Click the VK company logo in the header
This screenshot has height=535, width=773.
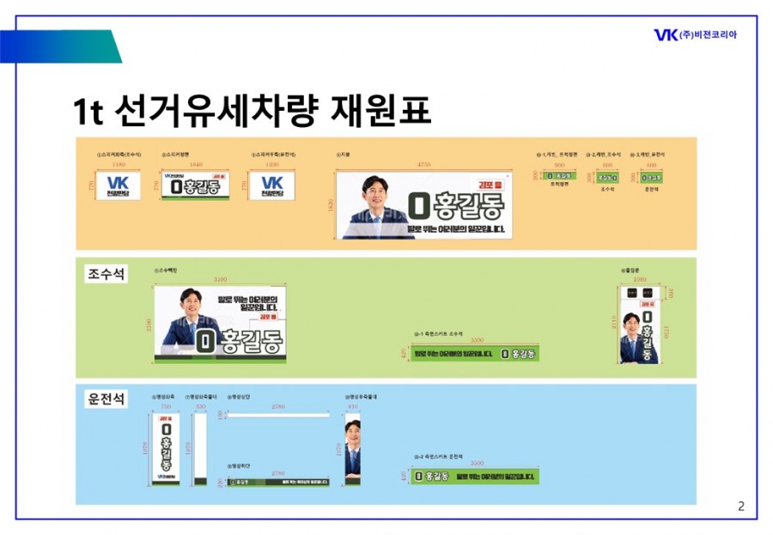[666, 34]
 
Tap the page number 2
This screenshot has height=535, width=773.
[741, 506]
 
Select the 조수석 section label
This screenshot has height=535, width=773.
[106, 274]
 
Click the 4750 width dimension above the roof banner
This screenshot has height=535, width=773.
[423, 163]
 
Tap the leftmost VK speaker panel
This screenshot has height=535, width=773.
[119, 185]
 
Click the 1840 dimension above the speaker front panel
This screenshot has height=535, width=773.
[196, 163]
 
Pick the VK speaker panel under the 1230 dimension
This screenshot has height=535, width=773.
[271, 185]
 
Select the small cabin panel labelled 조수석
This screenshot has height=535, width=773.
[608, 177]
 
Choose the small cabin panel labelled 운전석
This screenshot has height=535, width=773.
[650, 177]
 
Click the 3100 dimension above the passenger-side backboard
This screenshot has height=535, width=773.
[221, 280]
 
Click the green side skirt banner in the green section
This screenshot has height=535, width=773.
[475, 354]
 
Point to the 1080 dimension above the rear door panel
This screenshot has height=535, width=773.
[638, 280]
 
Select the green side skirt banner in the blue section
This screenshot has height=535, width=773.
[475, 476]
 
